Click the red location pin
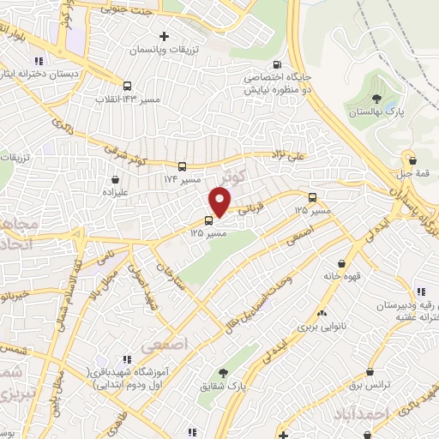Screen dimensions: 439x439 pyautogui.click(x=221, y=201)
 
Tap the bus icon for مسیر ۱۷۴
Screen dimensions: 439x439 pyautogui.click(x=182, y=167)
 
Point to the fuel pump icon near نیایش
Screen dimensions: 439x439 pyautogui.click(x=275, y=65)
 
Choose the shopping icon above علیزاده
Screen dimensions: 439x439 pyautogui.click(x=117, y=179)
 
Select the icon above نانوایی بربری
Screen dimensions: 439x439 pyautogui.click(x=322, y=312)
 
